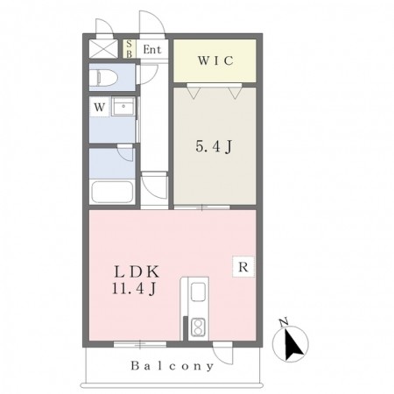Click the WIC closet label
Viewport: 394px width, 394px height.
215,60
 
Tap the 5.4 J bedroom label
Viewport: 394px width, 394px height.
214,146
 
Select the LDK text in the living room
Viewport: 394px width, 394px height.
137,272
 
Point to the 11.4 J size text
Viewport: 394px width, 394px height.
133,289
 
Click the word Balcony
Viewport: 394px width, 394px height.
172,366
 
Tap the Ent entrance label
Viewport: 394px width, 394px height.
152,50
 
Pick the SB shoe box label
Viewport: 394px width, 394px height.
129,49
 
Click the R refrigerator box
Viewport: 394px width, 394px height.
243,266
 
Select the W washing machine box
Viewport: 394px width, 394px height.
100,107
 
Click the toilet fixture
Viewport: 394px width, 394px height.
103,78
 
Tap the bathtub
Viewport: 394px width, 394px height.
112,192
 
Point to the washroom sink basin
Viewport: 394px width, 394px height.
123,107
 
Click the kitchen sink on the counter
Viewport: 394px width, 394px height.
198,292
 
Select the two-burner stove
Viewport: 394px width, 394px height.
198,327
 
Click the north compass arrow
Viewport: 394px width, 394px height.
293,345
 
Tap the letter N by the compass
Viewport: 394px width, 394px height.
284,321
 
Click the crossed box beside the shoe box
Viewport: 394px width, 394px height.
103,48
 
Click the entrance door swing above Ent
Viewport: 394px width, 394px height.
152,22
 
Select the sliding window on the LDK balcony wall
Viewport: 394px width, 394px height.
140,344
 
